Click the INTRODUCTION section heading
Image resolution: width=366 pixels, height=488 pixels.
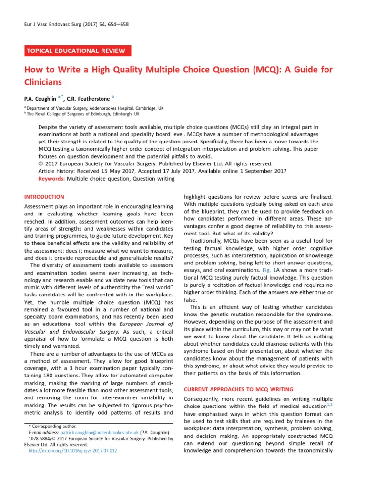click(44, 197)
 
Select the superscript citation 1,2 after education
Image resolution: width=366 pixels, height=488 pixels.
click(329, 404)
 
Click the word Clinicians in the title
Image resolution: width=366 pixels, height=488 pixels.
click(44, 82)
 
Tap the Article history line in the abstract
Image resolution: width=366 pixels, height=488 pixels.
click(162, 171)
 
